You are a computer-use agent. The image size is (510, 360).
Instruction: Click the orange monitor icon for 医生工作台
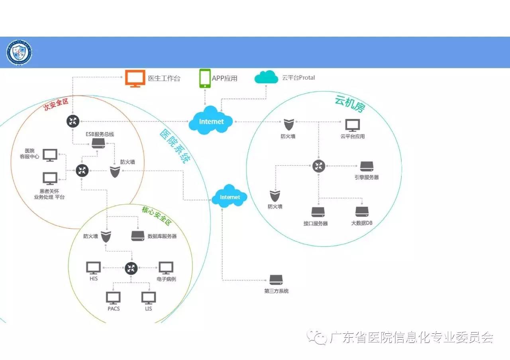(135, 78)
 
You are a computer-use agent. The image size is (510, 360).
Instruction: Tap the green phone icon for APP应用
(205, 78)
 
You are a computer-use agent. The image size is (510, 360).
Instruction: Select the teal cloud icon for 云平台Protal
(266, 77)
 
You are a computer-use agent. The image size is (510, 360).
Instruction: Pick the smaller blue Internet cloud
(229, 196)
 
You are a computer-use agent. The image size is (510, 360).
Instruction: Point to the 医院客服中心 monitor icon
(50, 155)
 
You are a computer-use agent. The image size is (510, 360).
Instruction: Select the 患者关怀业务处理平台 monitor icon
(50, 178)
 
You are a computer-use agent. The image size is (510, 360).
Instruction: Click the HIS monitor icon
(94, 268)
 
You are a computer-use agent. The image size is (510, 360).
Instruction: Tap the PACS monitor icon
(113, 298)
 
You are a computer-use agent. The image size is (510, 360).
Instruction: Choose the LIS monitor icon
(149, 298)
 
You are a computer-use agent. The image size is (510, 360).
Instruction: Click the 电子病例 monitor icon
(166, 268)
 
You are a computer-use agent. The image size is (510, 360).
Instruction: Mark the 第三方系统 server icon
(276, 280)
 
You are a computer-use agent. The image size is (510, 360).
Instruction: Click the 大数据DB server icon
(362, 211)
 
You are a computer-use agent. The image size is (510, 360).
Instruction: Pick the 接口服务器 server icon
(318, 211)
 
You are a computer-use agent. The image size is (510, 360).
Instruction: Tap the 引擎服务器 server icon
(367, 166)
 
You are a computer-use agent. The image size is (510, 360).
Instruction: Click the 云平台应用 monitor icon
(353, 125)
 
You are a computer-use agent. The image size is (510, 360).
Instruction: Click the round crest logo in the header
(19, 53)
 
